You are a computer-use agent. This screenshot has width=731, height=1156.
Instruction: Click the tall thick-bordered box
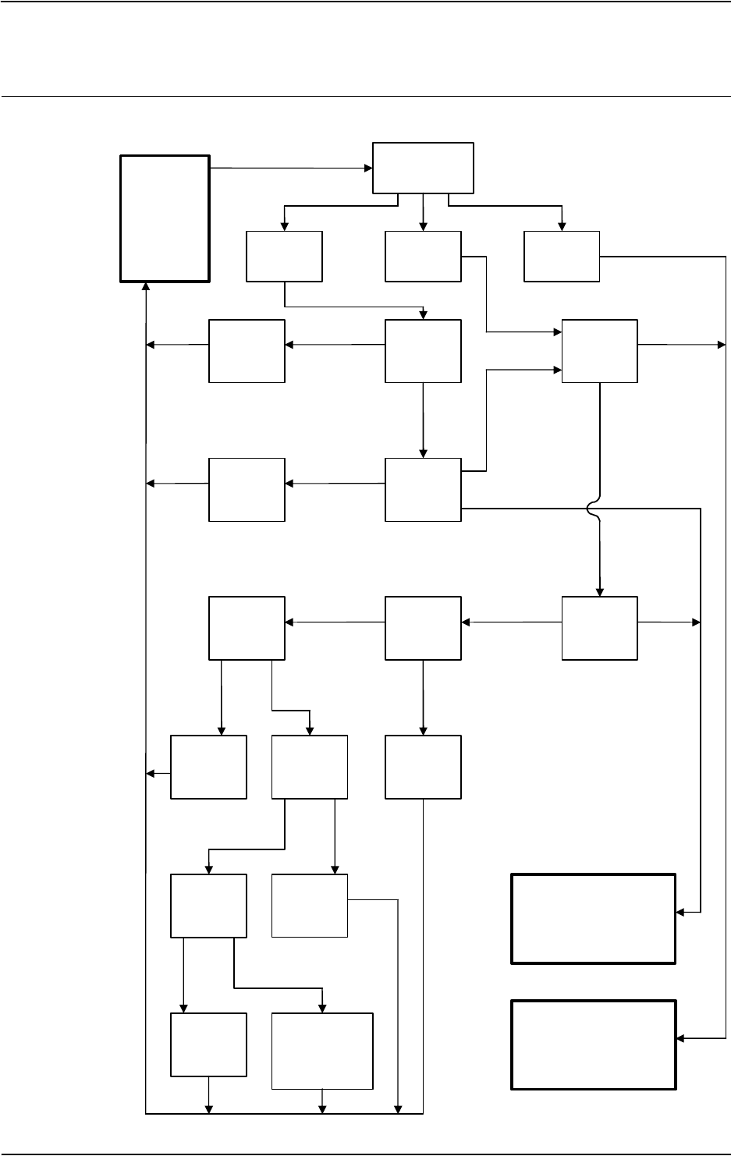tap(165, 218)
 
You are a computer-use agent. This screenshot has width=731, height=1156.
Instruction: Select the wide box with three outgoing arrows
tap(423, 167)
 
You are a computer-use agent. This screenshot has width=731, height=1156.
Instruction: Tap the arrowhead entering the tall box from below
tap(147, 286)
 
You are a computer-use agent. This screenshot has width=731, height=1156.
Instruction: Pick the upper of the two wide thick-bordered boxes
tap(593, 919)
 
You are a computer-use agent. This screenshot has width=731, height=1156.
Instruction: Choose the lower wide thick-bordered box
tap(593, 1044)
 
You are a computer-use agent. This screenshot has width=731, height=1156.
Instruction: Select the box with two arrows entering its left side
tap(599, 350)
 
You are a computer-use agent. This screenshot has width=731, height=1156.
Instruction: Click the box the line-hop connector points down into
tap(599, 628)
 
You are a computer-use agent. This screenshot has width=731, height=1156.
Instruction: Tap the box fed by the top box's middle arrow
tap(423, 256)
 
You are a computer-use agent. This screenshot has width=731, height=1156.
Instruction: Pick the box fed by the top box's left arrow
tap(284, 256)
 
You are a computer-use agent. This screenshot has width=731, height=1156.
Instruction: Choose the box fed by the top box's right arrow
tap(562, 256)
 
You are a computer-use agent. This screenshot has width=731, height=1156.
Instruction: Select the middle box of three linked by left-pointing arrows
tap(423, 628)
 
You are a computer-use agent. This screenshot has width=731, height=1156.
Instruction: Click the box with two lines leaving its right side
tap(423, 489)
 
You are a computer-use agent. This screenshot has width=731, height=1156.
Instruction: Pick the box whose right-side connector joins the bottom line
tap(309, 905)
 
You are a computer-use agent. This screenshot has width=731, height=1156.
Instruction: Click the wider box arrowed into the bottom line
tap(321, 1050)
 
